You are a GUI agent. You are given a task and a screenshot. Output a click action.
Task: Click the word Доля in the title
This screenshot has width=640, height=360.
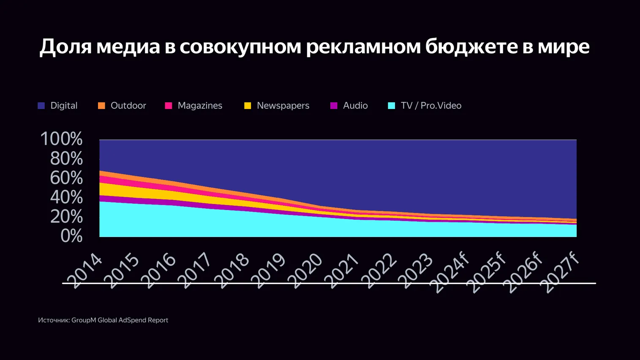point(65,46)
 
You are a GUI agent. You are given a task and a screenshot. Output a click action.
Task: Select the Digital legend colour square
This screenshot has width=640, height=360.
point(41,106)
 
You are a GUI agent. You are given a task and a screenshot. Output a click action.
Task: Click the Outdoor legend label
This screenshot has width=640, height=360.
point(128,106)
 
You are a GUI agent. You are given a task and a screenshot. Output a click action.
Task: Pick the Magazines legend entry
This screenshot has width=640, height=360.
point(199,106)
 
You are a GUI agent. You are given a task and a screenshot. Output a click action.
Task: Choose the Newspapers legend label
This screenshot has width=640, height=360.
point(283,106)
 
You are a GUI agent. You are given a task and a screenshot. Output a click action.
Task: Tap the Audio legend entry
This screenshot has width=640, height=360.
point(355,106)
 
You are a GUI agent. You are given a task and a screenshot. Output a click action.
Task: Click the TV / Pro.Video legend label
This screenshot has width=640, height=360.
point(430,106)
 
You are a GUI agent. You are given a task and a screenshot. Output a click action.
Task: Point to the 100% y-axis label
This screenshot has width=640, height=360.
point(61,139)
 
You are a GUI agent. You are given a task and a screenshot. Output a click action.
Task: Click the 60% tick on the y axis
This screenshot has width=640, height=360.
point(66,178)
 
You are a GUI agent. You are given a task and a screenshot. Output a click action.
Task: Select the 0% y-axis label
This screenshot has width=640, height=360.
point(71,236)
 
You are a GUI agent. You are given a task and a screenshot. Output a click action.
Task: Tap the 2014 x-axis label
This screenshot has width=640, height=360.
point(85,271)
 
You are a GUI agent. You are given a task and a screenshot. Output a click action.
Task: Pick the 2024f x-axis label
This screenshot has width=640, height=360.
point(449,273)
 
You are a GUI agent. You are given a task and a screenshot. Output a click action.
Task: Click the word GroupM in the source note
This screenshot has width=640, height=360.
point(84,320)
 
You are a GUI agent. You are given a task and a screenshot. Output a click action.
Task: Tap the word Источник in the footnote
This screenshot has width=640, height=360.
point(54,320)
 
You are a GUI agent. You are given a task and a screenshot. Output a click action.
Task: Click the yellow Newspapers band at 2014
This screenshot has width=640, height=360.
point(101,189)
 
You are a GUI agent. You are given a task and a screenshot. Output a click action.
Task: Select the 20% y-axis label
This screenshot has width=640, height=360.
point(66,217)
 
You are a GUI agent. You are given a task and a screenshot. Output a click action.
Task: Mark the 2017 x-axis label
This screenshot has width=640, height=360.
point(195,271)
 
